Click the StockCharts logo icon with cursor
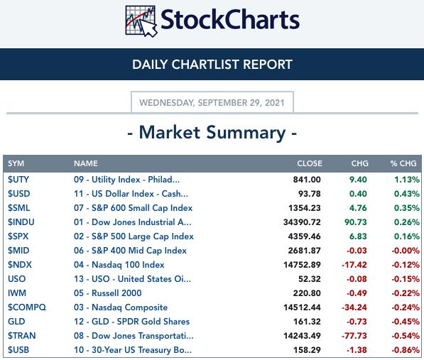click(141, 21)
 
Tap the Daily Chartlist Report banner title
click(212, 65)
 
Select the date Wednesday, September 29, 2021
click(212, 103)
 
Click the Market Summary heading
click(212, 133)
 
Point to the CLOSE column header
click(310, 163)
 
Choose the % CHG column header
click(403, 163)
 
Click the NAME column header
click(86, 163)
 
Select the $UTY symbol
click(18, 180)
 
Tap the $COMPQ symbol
click(27, 307)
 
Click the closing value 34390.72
click(302, 222)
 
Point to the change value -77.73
click(354, 336)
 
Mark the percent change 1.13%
click(407, 180)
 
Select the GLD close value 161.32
click(307, 322)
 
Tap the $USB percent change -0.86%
click(406, 350)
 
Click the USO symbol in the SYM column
click(17, 279)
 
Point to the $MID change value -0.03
click(357, 251)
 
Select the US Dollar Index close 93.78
click(310, 194)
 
